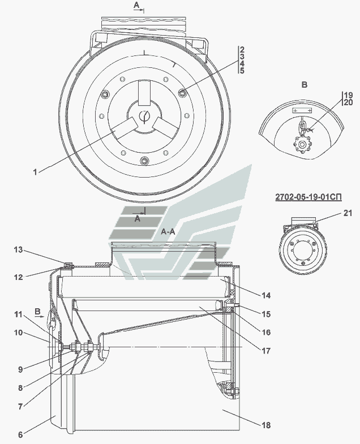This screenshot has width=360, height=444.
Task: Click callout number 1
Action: [x=35, y=172]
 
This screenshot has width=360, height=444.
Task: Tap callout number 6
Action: [x=20, y=434]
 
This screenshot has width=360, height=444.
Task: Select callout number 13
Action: [x=19, y=250]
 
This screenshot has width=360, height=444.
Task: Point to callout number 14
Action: [x=266, y=295]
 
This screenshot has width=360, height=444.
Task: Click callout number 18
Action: [x=266, y=425]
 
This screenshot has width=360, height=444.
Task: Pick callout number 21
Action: [x=348, y=213]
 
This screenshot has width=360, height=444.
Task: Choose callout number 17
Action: [x=266, y=351]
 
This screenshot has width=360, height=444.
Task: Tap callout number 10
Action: [x=19, y=333]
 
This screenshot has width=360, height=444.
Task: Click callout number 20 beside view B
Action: [x=348, y=102]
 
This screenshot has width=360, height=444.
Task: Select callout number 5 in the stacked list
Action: [x=242, y=70]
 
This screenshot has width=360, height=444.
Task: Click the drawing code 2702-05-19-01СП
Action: [x=308, y=197]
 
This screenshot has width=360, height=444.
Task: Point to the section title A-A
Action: [x=168, y=232]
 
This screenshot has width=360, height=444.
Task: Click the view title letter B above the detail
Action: [x=304, y=84]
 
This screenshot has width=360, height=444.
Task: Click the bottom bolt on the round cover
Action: [x=144, y=161]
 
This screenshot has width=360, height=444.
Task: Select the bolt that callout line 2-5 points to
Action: [x=183, y=92]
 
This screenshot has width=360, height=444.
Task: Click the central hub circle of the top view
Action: [x=144, y=117]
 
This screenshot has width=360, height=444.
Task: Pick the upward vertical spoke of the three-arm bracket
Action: [x=144, y=92]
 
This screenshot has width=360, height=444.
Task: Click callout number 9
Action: [x=20, y=369]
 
